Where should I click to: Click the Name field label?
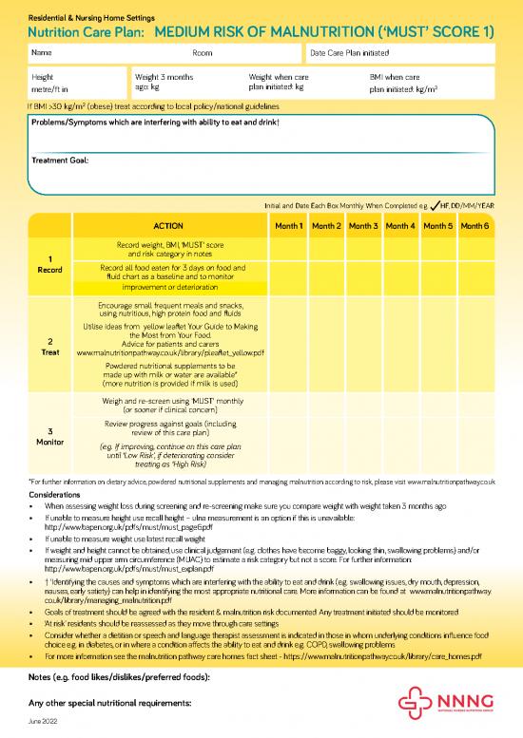[42, 52]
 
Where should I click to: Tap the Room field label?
[202, 52]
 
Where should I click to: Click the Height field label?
[43, 75]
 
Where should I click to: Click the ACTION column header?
[168, 226]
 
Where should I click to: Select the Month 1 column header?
[289, 226]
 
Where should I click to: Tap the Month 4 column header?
[400, 226]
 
